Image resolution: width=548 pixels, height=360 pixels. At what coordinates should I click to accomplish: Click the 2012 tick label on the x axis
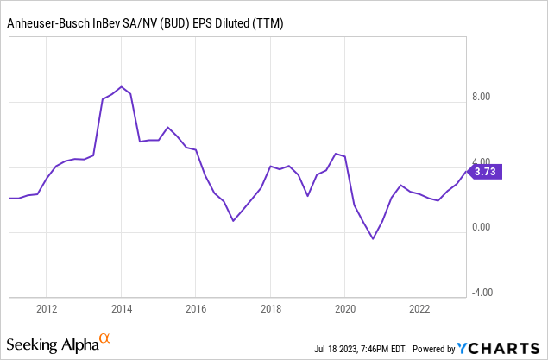coord(47,308)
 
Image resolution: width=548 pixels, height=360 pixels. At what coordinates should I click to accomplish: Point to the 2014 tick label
coord(122,308)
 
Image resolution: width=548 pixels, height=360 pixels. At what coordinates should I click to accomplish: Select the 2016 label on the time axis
coord(196,308)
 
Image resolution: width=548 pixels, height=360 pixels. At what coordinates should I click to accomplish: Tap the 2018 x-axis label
coord(271,308)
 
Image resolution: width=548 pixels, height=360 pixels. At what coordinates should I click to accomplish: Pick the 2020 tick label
coord(345,308)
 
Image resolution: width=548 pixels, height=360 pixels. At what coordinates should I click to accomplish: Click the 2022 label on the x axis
coord(419,308)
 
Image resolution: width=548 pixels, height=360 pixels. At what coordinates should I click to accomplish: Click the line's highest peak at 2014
coord(122,87)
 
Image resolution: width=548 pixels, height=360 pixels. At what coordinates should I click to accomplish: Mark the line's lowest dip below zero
coord(373,238)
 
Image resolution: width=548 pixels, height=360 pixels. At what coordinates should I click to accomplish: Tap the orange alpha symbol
coord(104,339)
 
